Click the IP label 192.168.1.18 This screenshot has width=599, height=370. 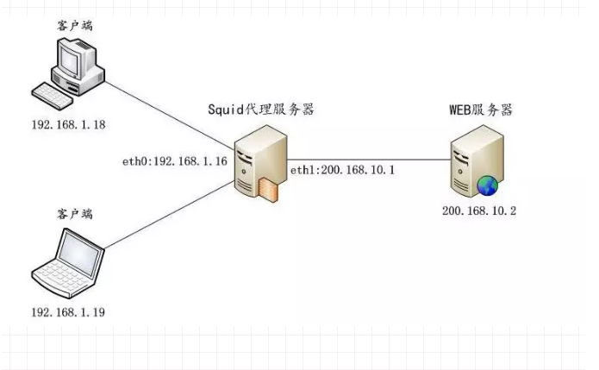pos(68,124)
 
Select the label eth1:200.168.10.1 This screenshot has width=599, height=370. pos(342,170)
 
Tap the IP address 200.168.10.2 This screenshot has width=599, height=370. pos(478,211)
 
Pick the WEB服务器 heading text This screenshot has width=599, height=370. pos(480,110)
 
